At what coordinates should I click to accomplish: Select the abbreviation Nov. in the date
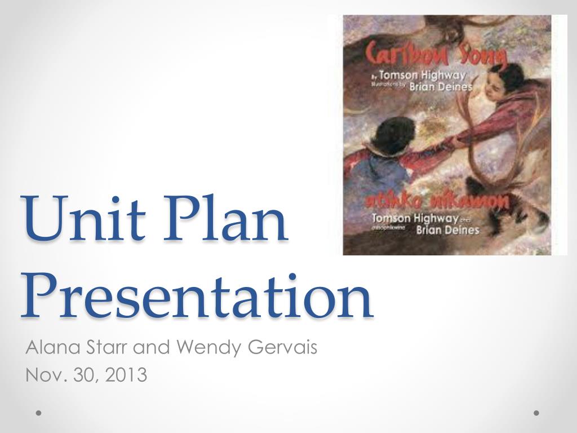(42, 374)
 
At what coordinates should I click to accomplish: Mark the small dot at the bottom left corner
(38, 413)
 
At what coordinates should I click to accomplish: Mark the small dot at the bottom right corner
(536, 413)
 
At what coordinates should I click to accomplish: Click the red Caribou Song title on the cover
(435, 55)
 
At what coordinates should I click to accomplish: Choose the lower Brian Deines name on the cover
(447, 229)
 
